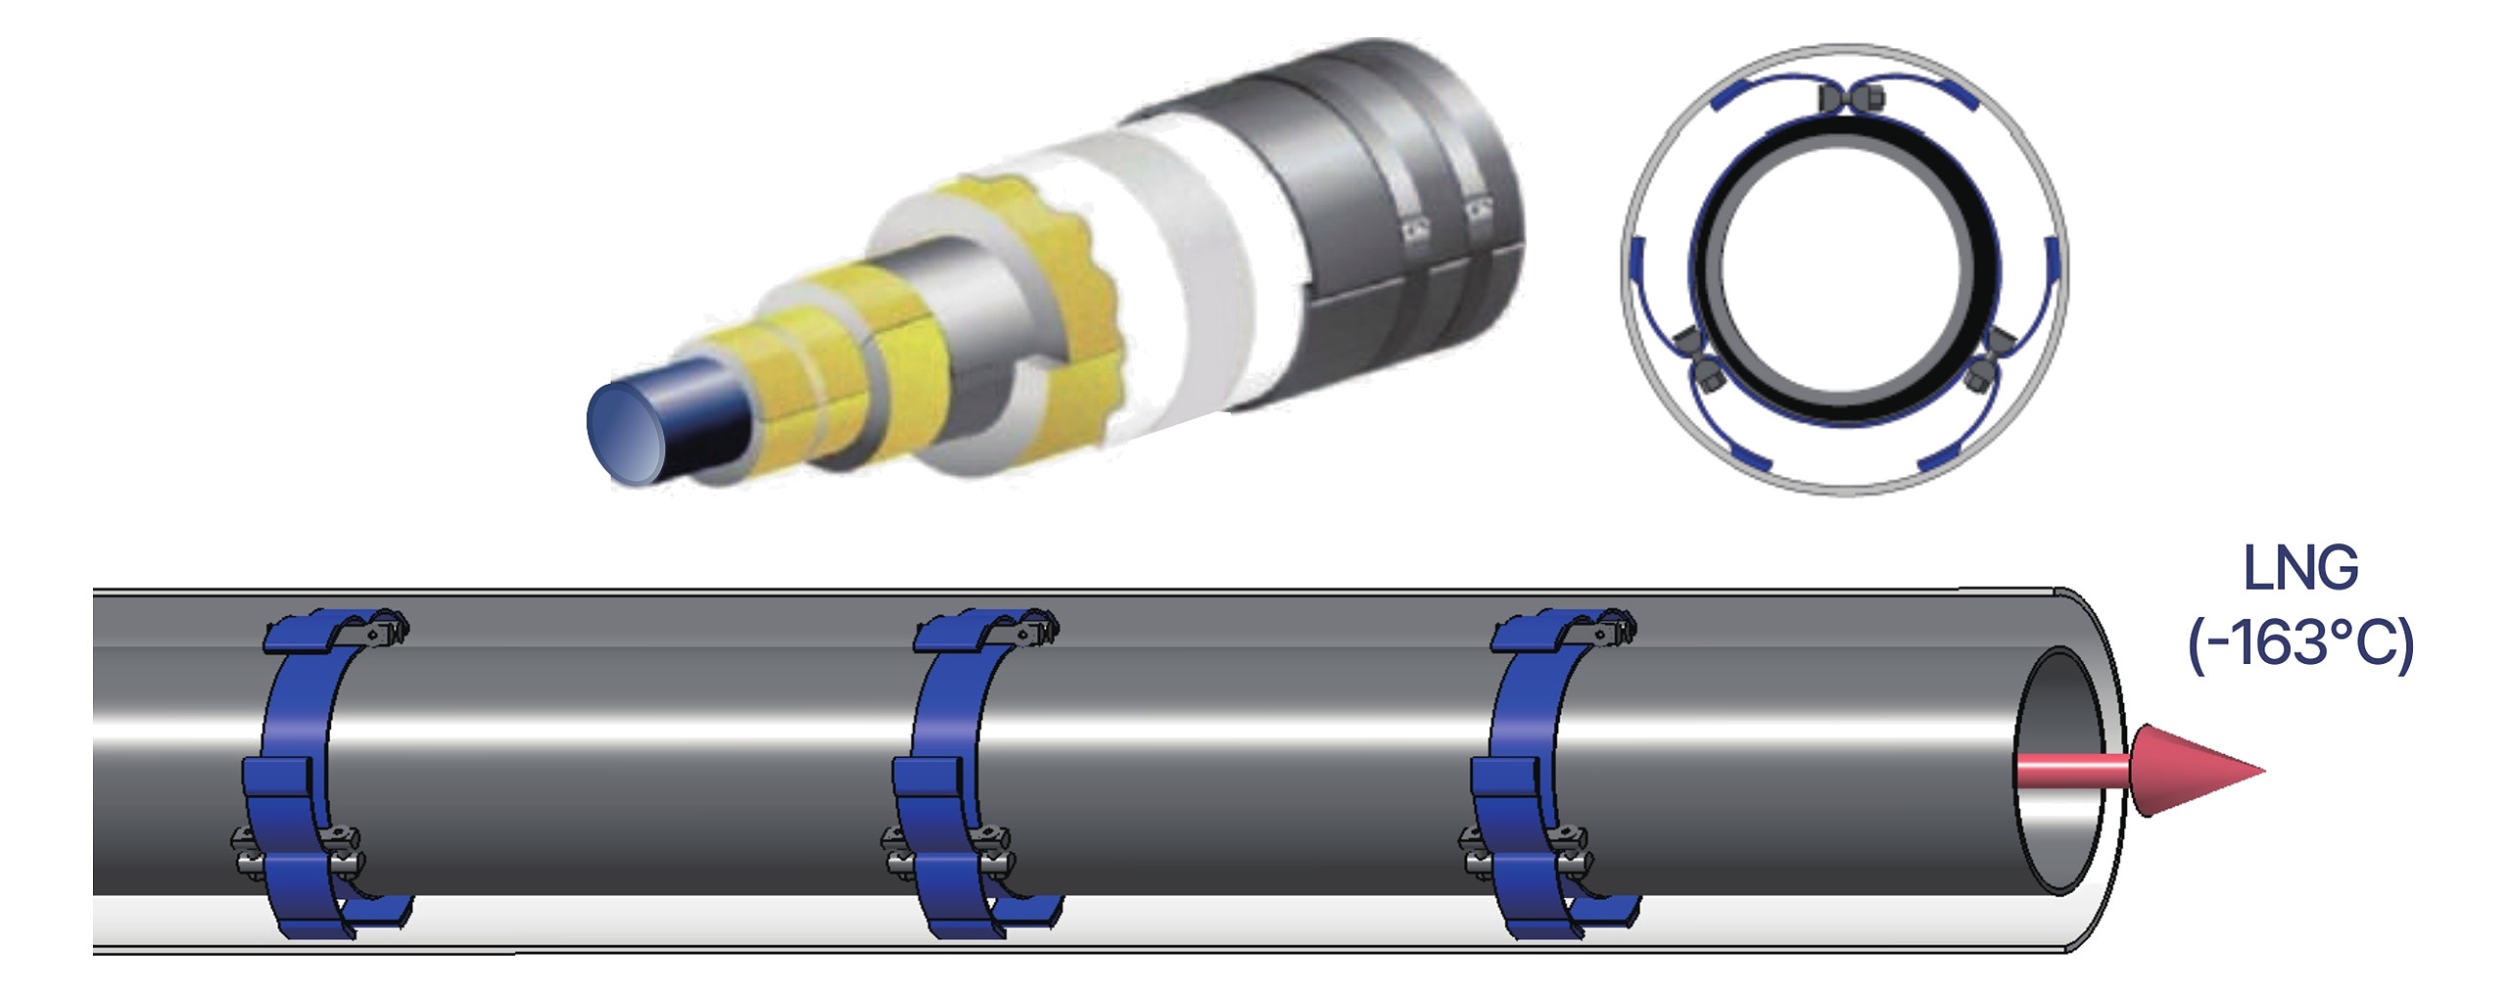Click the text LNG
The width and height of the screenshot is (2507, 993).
click(2300, 569)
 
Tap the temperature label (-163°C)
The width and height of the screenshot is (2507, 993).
click(2300, 645)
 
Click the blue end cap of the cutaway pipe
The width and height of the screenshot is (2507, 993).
click(627, 432)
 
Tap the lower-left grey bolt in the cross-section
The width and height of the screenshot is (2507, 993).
click(1698, 358)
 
